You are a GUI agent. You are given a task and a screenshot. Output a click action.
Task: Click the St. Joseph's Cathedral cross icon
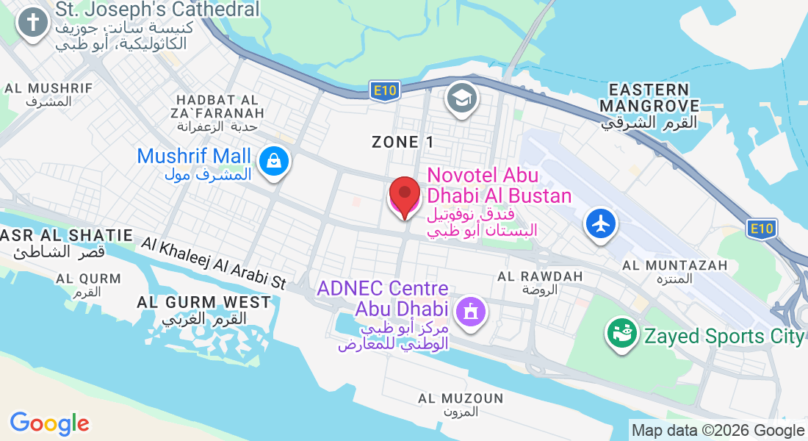tap(32, 23)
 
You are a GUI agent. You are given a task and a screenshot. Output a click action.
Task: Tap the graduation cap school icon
tap(462, 99)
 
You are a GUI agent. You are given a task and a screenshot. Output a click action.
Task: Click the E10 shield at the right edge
tap(762, 229)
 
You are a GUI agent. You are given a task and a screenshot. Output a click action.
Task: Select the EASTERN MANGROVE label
tap(649, 98)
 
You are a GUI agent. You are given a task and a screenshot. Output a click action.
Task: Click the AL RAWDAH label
tap(540, 276)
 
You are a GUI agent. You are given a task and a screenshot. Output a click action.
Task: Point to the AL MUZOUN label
tap(461, 398)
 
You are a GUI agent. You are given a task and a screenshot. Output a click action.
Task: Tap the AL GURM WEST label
tap(203, 302)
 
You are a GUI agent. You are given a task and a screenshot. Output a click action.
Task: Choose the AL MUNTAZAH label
tap(674, 265)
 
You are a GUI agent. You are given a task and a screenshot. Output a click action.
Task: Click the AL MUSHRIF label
tap(48, 88)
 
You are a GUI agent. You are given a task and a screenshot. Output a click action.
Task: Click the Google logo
tap(50, 423)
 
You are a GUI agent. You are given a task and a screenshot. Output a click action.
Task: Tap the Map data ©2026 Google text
tap(718, 431)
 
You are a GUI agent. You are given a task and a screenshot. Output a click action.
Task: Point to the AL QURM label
tap(88, 279)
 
